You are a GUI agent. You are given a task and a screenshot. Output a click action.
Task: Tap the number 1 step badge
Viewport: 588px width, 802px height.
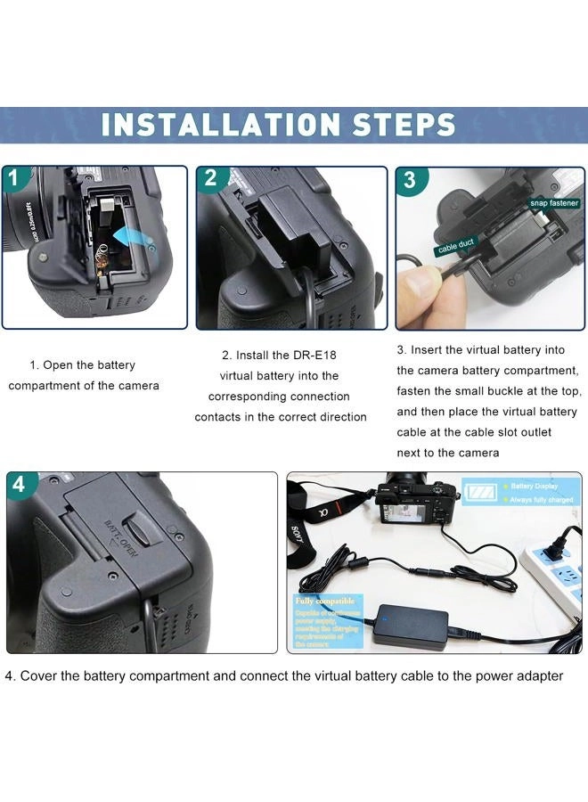pos(15,178)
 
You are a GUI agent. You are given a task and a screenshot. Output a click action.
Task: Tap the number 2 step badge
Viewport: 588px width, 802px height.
pos(210,178)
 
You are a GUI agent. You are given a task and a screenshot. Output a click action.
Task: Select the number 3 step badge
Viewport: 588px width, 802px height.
pos(409,180)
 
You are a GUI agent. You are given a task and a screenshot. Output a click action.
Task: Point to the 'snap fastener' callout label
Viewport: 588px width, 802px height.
pos(555,203)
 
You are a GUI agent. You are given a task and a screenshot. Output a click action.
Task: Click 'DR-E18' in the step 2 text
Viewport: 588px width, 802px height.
pos(316,356)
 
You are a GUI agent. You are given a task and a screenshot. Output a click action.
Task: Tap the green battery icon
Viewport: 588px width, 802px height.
pos(482,492)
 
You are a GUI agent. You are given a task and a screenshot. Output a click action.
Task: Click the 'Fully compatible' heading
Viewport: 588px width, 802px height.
pos(324,601)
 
